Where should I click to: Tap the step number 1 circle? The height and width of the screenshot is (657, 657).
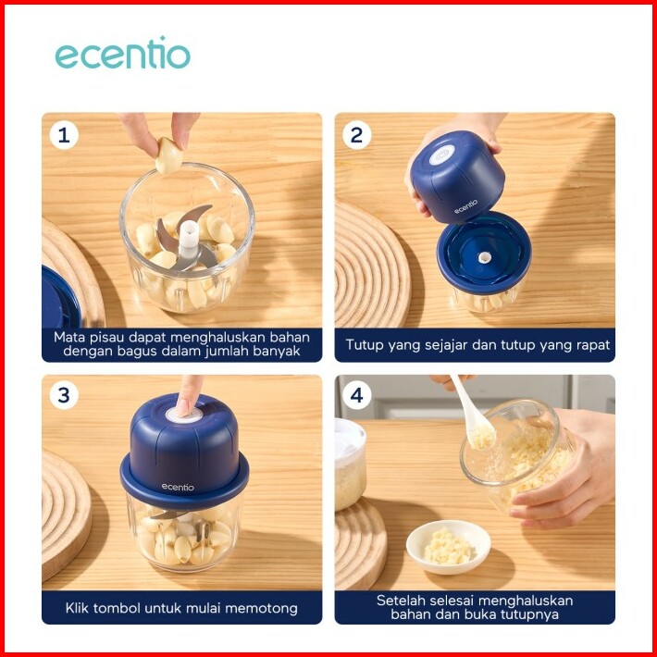(x=64, y=135)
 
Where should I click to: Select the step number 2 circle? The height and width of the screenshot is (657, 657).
(x=356, y=135)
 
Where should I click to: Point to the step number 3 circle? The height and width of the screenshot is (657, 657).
(x=64, y=395)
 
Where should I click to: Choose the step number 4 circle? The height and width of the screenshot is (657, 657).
(x=356, y=395)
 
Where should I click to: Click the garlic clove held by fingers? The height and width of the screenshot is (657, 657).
(x=169, y=155)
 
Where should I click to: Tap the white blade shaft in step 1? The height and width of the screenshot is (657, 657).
(x=188, y=240)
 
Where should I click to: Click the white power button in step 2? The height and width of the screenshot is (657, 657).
(x=441, y=155)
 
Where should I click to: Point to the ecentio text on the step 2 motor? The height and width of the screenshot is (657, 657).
(x=466, y=206)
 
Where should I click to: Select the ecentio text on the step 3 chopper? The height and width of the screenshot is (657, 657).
(x=178, y=487)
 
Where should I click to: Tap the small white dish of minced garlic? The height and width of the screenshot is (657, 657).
(x=449, y=546)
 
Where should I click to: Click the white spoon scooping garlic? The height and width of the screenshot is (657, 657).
(x=473, y=415)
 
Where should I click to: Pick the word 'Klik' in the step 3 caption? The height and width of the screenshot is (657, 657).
(x=77, y=608)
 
